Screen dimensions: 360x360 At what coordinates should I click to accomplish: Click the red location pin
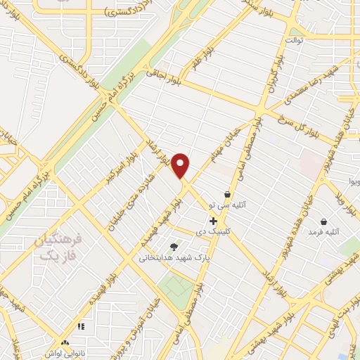click(x=181, y=166)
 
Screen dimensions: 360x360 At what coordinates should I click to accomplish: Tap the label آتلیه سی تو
click(x=227, y=205)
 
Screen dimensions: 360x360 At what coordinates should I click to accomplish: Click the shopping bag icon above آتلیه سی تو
click(x=227, y=194)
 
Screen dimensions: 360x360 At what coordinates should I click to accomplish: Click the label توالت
click(x=294, y=39)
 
